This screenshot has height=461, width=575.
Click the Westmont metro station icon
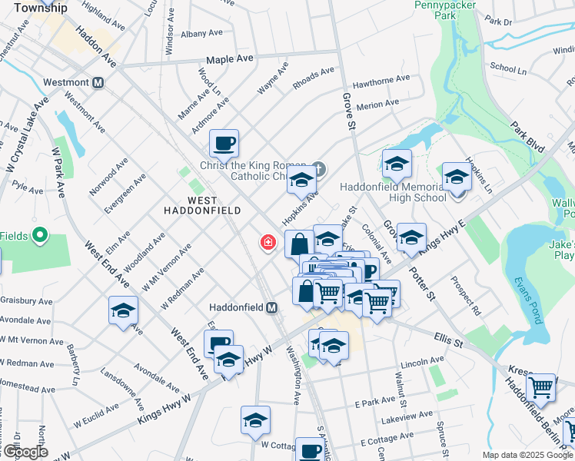tap(98, 83)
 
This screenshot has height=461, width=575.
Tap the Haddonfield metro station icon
tap(271, 307)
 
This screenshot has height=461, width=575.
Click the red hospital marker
tap(268, 243)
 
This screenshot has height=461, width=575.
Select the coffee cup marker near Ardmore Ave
tap(224, 143)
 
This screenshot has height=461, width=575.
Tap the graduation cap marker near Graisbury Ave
tap(123, 311)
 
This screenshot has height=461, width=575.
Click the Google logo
tap(25, 452)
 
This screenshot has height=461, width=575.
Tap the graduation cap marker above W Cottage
tap(255, 421)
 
